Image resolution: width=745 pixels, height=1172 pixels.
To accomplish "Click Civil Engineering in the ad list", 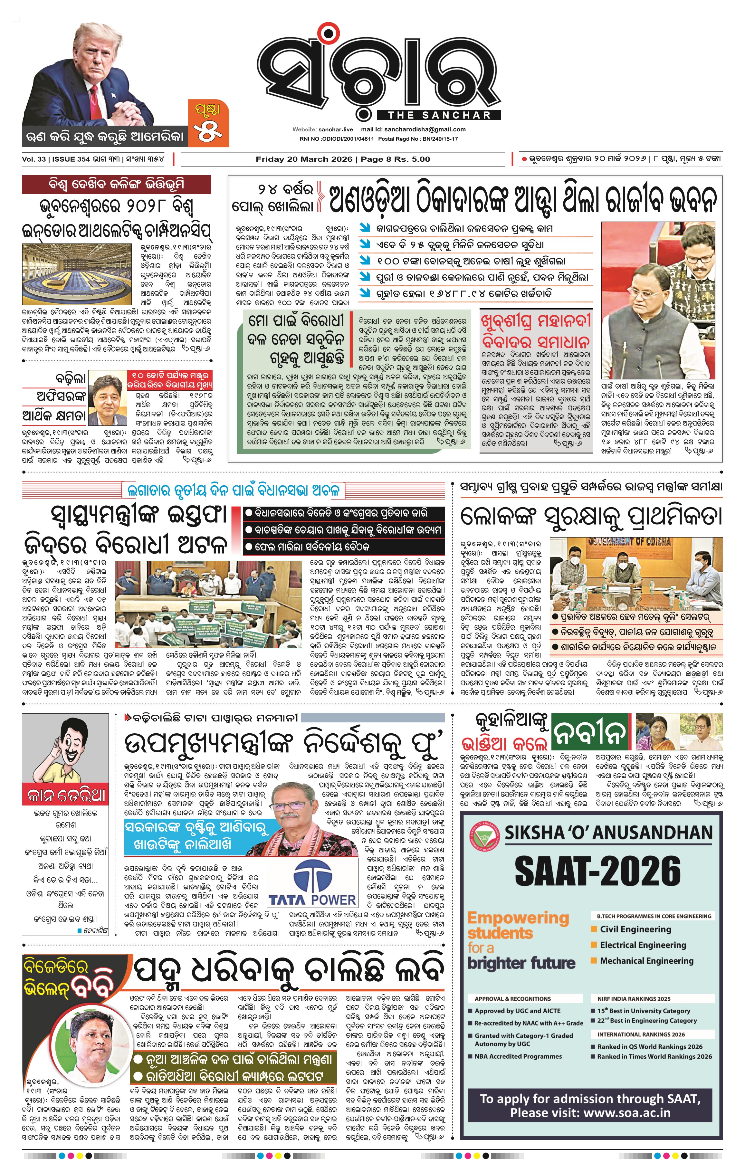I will (x=635, y=929).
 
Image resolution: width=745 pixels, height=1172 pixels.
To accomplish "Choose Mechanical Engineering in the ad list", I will (x=646, y=960).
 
